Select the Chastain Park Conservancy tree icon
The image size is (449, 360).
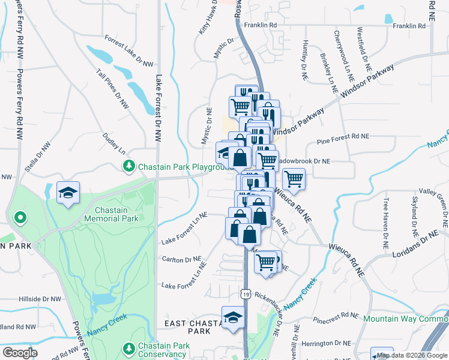(128, 348)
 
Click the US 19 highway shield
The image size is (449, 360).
(245, 293)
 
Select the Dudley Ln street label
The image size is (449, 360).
(113, 143)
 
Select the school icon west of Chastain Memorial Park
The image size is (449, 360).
(67, 193)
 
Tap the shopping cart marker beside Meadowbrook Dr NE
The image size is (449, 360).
(294, 178)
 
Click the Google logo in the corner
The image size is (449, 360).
(20, 353)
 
